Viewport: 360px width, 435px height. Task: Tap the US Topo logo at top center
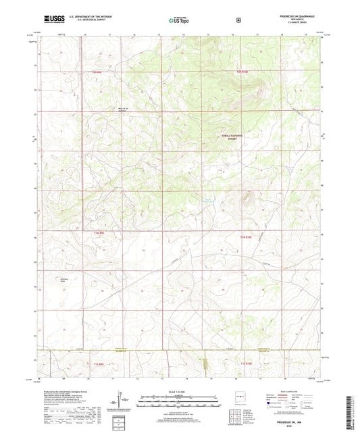tap(179, 20)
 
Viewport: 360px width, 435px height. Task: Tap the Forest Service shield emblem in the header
tap(238, 20)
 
